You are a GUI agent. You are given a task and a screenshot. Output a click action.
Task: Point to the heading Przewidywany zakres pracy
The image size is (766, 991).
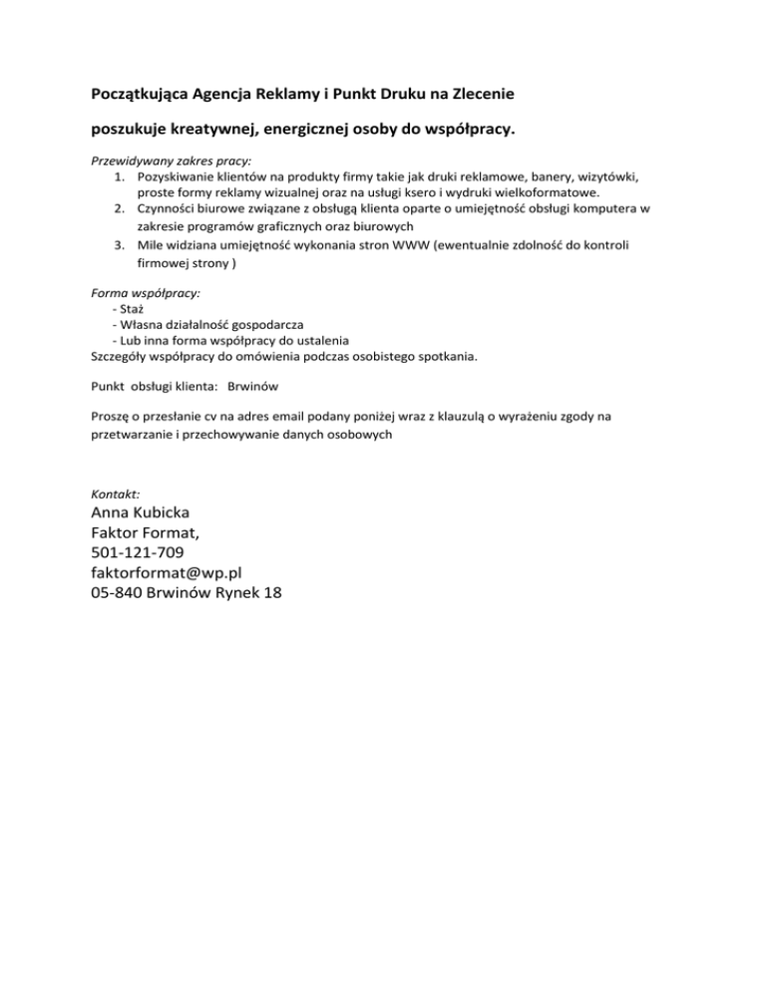(x=171, y=160)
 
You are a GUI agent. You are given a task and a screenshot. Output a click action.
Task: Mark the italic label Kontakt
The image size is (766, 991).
(x=115, y=495)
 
